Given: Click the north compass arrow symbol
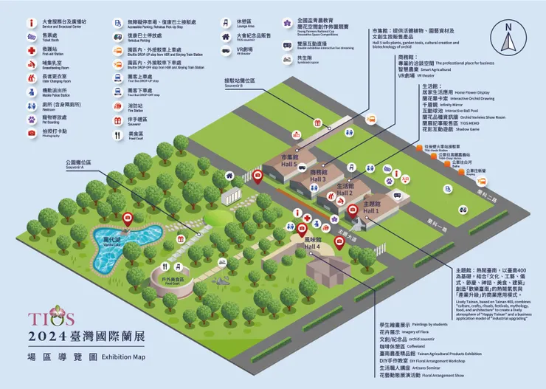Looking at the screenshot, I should pyautogui.click(x=508, y=33).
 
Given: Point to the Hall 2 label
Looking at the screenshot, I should pyautogui.click(x=345, y=190).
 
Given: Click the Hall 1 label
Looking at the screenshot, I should pyautogui.click(x=371, y=206).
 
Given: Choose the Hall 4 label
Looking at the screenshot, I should pyautogui.click(x=313, y=243).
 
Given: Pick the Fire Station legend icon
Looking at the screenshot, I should pyautogui.click(x=117, y=106).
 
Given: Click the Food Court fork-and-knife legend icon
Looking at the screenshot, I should pyautogui.click(x=117, y=134).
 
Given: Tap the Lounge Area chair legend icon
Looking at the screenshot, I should pyautogui.click(x=226, y=22).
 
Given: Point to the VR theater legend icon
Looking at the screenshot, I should pyautogui.click(x=226, y=51).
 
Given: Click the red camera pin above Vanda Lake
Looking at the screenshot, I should pyautogui.click(x=127, y=218).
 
